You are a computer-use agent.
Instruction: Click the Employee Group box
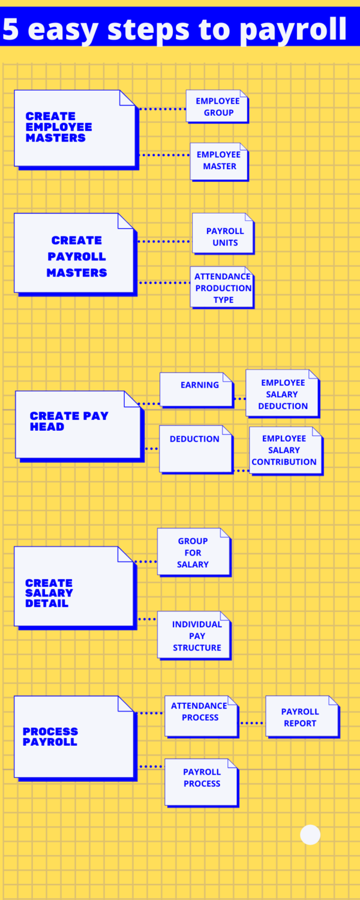217,106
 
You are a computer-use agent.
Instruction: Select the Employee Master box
219,161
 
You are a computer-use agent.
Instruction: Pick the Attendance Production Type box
222,287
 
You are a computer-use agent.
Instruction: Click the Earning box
196,389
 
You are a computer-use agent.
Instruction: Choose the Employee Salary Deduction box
282,394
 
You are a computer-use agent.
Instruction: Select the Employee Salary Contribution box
286,451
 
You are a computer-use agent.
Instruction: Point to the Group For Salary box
193,552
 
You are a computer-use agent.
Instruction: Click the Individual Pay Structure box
194,635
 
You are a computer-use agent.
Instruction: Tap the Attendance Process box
201,716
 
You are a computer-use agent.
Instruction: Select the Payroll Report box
302,716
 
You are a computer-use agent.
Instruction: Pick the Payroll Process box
202,782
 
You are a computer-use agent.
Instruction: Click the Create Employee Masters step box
75,128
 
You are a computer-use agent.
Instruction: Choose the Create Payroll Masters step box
75,253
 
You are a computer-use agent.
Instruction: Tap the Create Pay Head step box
78,424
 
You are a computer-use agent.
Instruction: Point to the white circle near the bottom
310,835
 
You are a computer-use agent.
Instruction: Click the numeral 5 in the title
11,29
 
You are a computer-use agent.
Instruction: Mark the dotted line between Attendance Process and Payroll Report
252,723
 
